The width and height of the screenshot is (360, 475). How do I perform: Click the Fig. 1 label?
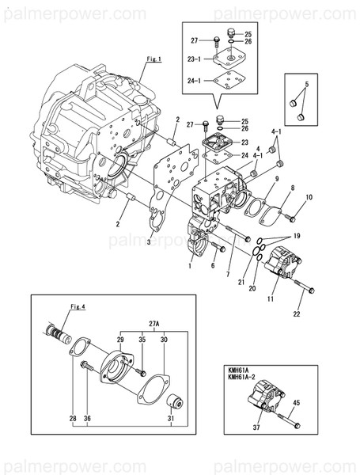153,59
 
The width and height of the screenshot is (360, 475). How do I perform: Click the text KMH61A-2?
244,378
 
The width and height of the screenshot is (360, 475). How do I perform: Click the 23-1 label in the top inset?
195,58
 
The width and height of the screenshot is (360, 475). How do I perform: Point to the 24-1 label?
195,79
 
